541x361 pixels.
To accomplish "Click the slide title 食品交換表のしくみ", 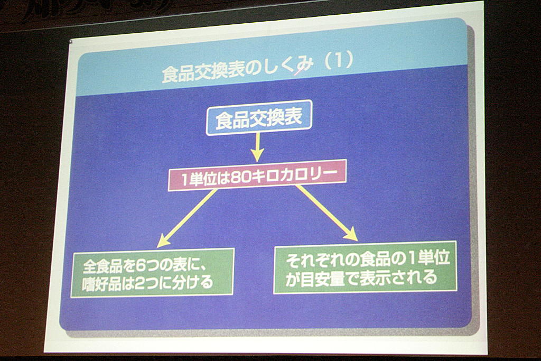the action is coord(238,69).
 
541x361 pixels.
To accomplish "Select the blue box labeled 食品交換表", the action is coord(259,117).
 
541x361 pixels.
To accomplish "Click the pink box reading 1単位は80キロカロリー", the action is coord(257,175).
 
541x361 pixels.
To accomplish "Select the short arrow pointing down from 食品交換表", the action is coord(257,147).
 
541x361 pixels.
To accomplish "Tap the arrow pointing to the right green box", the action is coord(327,213).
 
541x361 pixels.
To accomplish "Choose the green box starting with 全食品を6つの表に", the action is coord(152,273).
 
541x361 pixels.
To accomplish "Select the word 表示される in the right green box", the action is coord(398,277).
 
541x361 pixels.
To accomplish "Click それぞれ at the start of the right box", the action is coord(316,260).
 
